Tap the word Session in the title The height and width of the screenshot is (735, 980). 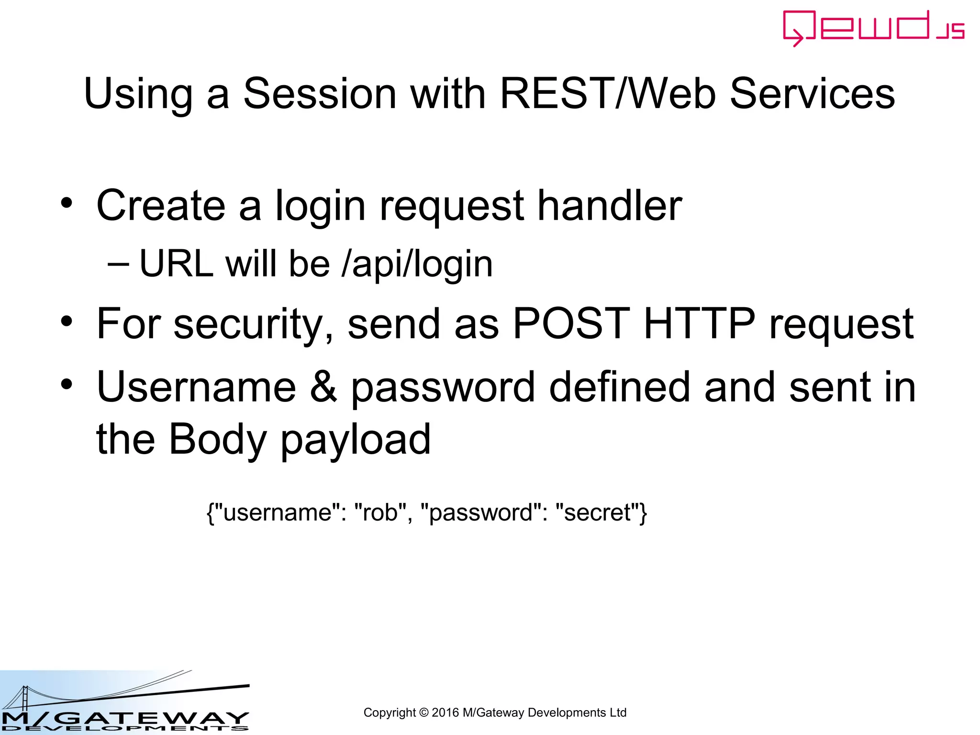pyautogui.click(x=320, y=94)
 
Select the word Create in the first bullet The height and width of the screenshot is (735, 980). pyautogui.click(x=161, y=206)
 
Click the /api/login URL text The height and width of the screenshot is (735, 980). pyautogui.click(x=417, y=264)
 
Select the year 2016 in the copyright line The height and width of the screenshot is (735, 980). pyautogui.click(x=445, y=713)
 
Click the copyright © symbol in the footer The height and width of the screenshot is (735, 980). pyautogui.click(x=423, y=713)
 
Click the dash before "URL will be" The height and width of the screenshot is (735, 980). pyautogui.click(x=118, y=264)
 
